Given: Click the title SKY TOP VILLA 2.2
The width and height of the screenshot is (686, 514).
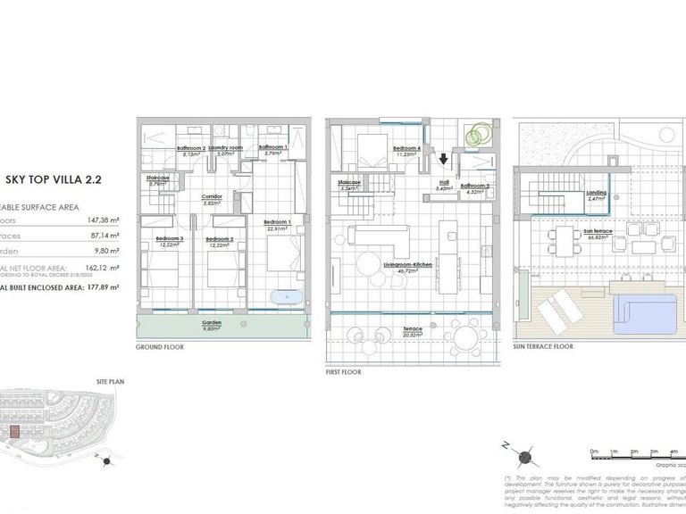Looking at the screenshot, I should [54, 178].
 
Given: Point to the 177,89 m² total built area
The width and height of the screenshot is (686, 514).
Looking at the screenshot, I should [102, 288].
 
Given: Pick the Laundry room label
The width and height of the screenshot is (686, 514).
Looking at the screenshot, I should [226, 148].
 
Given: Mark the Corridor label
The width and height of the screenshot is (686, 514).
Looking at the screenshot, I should [212, 197].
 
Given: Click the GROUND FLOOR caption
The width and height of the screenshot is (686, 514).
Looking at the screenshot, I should [159, 346].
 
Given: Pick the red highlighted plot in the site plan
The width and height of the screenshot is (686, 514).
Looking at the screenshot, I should [13, 432].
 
